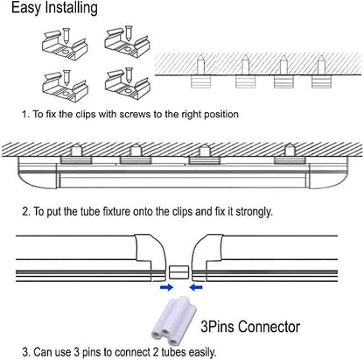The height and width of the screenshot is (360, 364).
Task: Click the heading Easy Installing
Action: tap(54, 8)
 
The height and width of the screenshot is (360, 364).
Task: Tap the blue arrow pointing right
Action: tap(166, 287)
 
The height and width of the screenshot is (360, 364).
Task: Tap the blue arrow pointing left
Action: tap(196, 287)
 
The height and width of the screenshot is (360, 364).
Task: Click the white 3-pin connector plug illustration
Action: tap(173, 321)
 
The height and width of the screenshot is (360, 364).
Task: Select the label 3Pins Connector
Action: tap(250, 327)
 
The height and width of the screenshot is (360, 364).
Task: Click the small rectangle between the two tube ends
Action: tap(179, 272)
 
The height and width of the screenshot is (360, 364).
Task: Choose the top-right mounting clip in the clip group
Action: tap(127, 42)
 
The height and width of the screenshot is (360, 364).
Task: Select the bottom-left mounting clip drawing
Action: tap(65, 87)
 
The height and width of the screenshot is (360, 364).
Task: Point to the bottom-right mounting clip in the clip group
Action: tap(128, 83)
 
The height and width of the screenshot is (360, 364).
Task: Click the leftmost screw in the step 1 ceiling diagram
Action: tap(200, 65)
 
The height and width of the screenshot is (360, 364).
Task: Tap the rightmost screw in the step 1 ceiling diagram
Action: tap(321, 65)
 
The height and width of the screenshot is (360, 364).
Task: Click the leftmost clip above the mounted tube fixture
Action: tap(76, 160)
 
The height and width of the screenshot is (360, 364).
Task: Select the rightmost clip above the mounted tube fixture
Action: tap(290, 160)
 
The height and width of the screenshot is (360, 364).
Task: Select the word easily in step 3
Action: tap(202, 352)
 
